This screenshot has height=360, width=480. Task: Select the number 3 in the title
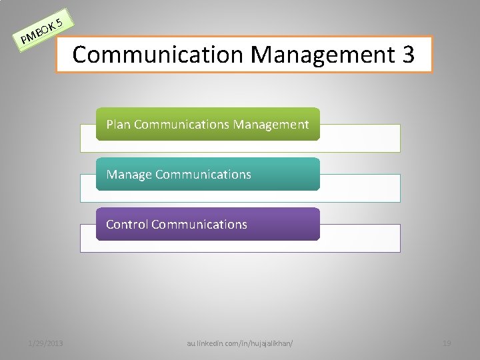(x=407, y=54)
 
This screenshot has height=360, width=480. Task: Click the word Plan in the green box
(x=118, y=124)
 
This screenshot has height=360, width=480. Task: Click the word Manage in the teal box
(x=129, y=174)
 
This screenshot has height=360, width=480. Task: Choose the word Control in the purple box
(x=127, y=224)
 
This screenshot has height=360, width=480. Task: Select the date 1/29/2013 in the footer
(x=45, y=343)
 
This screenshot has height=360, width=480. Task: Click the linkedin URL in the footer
(x=240, y=343)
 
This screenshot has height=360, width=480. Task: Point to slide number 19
(x=447, y=343)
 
